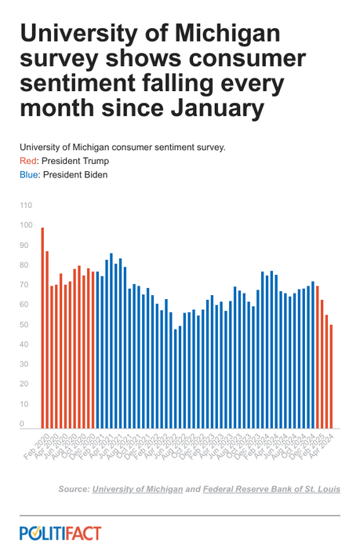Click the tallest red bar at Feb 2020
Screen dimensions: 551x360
[x=42, y=328]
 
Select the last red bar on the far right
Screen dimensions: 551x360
[x=332, y=377]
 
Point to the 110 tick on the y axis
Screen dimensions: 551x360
[x=26, y=206]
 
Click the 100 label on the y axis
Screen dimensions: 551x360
[x=26, y=226]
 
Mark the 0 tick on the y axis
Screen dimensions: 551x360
[x=22, y=424]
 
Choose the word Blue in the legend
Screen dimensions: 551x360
[x=29, y=174]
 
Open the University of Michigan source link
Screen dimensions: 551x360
[x=138, y=489]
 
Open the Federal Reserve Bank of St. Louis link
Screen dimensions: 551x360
[x=271, y=489]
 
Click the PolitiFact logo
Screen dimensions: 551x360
[x=60, y=534]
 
